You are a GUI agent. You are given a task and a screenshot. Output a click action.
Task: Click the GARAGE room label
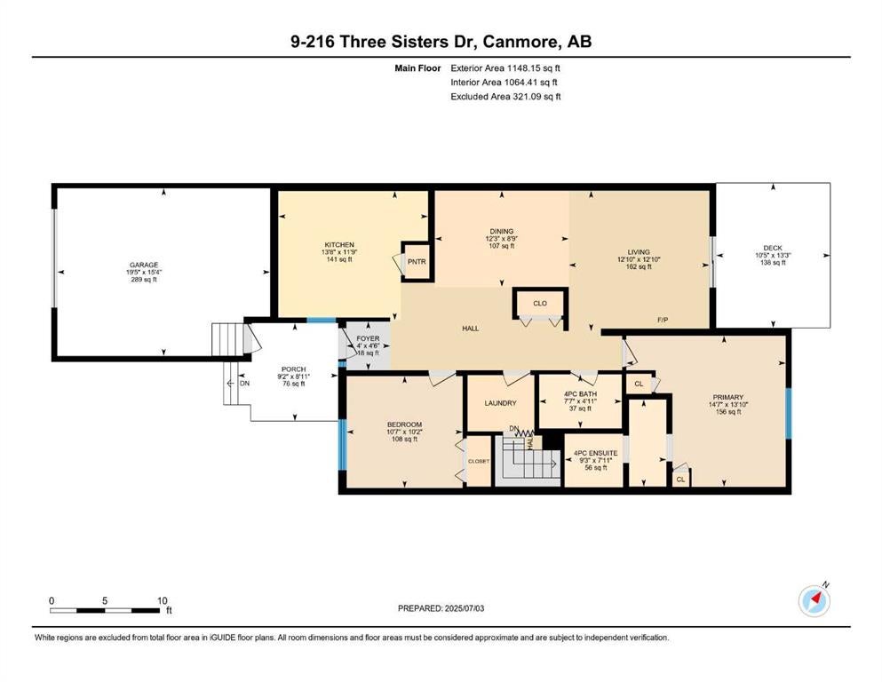pyautogui.click(x=144, y=265)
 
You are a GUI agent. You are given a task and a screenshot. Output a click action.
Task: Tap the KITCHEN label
pyautogui.click(x=339, y=245)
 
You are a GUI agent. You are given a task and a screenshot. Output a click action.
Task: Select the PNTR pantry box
pyautogui.click(x=417, y=261)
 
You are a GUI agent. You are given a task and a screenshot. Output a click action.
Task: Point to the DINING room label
pyautogui.click(x=502, y=231)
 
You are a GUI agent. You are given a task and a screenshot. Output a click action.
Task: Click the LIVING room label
pyautogui.click(x=639, y=252)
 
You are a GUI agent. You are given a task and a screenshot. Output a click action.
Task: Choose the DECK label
pyautogui.click(x=773, y=248)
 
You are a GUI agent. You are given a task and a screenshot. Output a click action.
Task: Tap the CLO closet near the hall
pyautogui.click(x=540, y=304)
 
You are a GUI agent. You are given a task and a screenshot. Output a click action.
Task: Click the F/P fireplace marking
pyautogui.click(x=663, y=320)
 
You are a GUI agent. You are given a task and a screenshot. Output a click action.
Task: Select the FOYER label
pyautogui.click(x=368, y=338)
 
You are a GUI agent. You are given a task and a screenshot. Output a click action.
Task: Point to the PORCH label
pyautogui.click(x=294, y=369)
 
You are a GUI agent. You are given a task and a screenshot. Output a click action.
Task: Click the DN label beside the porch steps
pyautogui.click(x=244, y=384)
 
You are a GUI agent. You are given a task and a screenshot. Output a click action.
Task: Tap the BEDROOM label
pyautogui.click(x=404, y=424)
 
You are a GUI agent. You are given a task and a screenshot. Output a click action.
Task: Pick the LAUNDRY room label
pyautogui.click(x=501, y=403)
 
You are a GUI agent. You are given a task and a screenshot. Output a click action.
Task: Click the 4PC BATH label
pyautogui.click(x=581, y=394)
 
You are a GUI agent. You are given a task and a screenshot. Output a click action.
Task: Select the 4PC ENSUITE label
pyautogui.click(x=596, y=453)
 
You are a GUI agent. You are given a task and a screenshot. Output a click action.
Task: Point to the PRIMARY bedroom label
pyautogui.click(x=728, y=397)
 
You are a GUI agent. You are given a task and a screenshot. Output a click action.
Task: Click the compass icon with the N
pyautogui.click(x=814, y=600)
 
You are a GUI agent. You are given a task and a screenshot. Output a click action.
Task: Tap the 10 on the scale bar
pyautogui.click(x=163, y=600)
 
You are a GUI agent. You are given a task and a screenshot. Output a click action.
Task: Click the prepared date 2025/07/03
pyautogui.click(x=464, y=608)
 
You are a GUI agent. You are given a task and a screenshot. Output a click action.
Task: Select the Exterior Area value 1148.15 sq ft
pyautogui.click(x=533, y=68)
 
